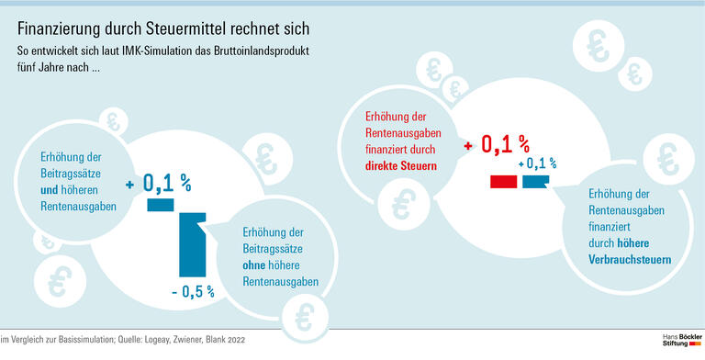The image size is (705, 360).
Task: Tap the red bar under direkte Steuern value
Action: pos(503,182)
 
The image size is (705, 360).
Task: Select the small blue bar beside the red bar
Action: pos(534,182)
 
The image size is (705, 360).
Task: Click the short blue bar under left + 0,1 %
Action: pos(160,205)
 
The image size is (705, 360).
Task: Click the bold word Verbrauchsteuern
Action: pos(629,260)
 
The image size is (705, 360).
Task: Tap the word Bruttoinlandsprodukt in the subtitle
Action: pos(259,50)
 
